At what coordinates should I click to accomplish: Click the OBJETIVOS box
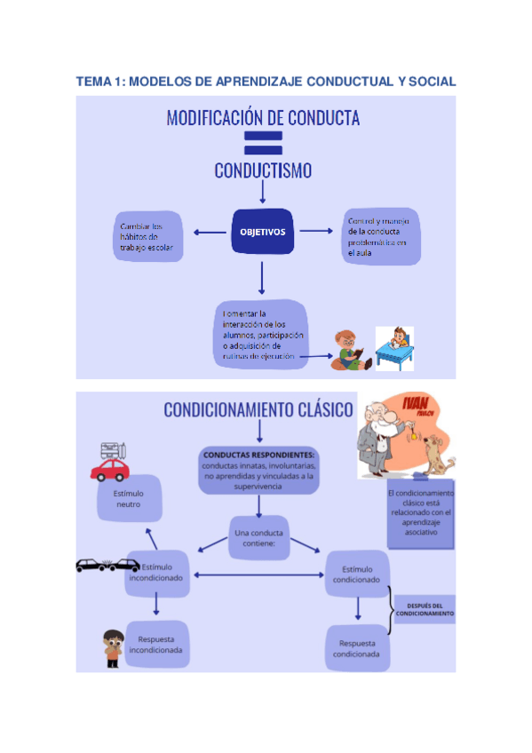[262, 233]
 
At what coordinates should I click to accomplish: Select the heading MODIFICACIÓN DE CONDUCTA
[263, 118]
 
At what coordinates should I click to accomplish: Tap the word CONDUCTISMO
[263, 170]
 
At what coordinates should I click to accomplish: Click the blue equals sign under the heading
[263, 142]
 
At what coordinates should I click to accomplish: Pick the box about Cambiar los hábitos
[148, 237]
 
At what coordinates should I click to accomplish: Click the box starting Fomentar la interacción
[261, 334]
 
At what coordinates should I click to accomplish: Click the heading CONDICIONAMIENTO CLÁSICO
[258, 409]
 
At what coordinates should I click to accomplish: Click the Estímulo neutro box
[130, 498]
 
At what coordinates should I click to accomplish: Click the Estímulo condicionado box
[356, 574]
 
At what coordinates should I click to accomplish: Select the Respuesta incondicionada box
[155, 644]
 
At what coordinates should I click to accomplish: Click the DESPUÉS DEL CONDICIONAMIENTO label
[425, 610]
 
